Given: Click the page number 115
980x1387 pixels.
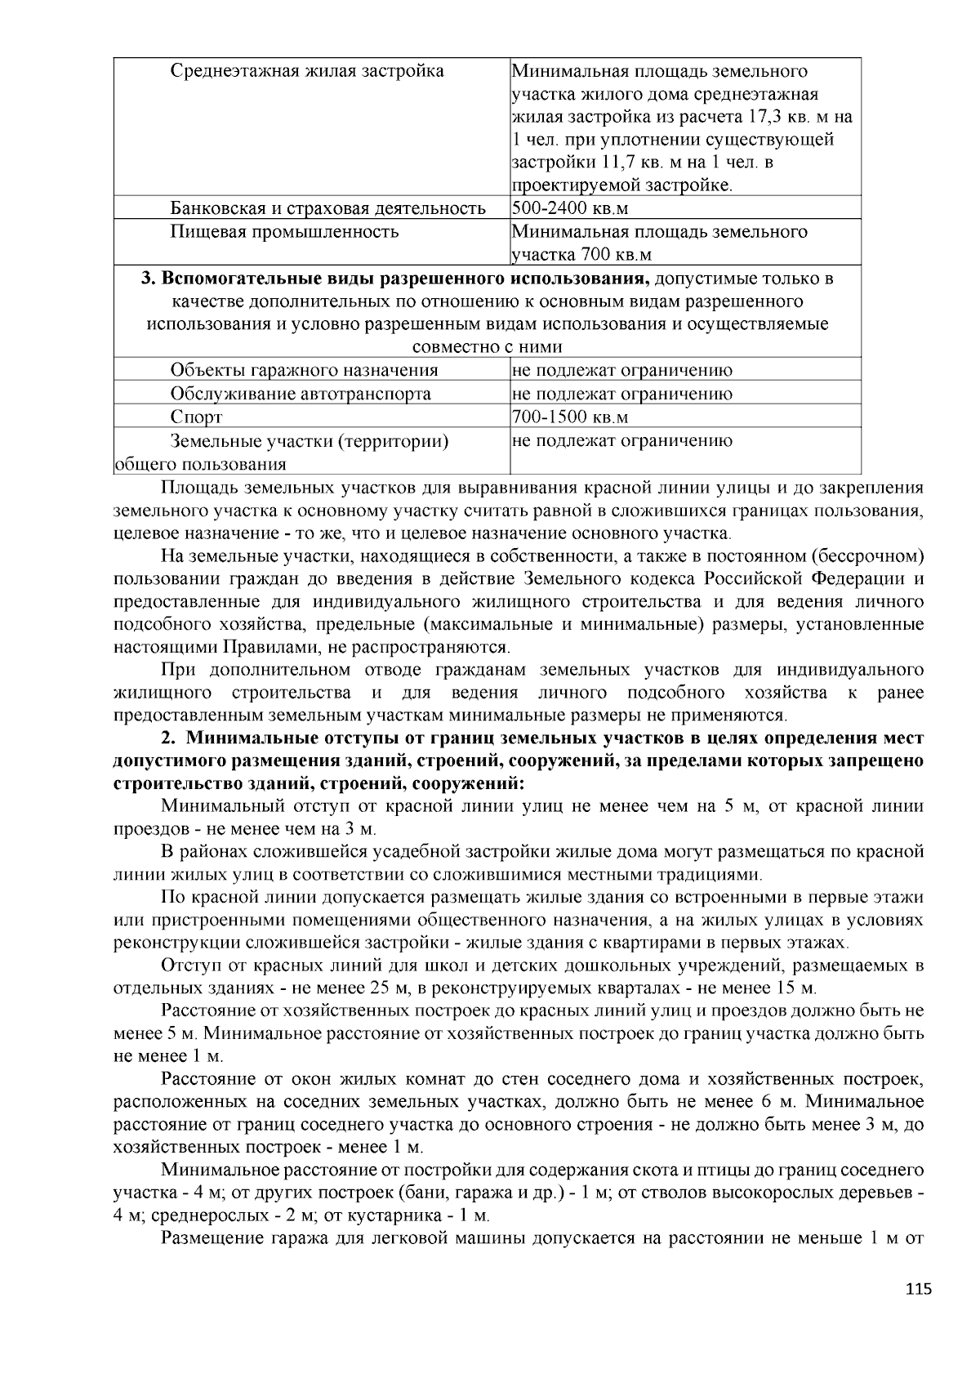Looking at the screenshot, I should (918, 1291).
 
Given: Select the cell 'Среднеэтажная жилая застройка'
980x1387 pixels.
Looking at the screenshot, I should (307, 71).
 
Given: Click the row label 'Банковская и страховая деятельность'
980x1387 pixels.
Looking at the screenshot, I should (327, 208).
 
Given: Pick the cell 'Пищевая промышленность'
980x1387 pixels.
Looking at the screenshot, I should (284, 232).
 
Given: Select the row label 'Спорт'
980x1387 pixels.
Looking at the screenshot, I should (196, 417).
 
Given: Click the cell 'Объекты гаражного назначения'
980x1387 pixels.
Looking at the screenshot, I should (304, 370).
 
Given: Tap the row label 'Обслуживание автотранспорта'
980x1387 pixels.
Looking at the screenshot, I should (301, 394).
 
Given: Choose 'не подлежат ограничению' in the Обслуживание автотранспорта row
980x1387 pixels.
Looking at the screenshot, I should (622, 394).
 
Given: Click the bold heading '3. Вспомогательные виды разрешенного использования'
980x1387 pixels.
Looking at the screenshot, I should (396, 279).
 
